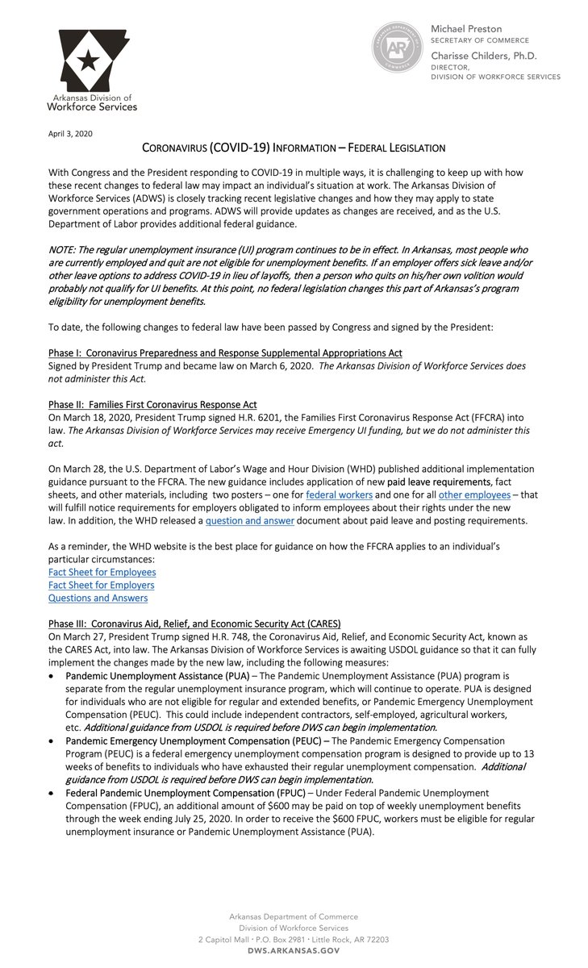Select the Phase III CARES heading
click(194, 623)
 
